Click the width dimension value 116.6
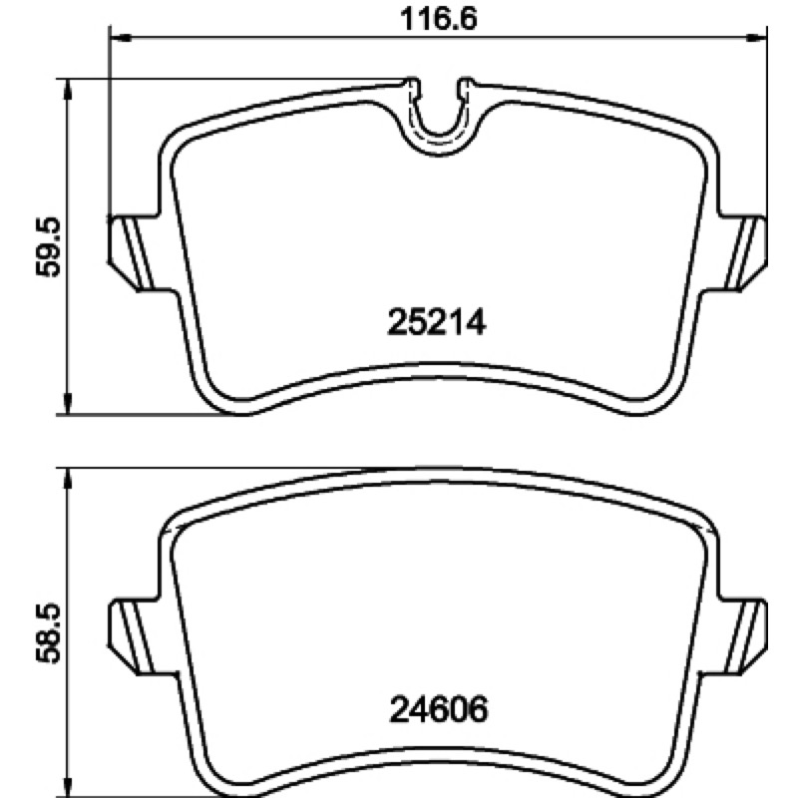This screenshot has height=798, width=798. pyautogui.click(x=439, y=19)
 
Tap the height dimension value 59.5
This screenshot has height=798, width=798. pyautogui.click(x=48, y=247)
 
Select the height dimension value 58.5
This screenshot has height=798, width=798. pyautogui.click(x=48, y=633)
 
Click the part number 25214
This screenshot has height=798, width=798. pyautogui.click(x=437, y=322)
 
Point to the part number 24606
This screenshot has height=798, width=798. pyautogui.click(x=439, y=709)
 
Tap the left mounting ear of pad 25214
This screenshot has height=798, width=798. pyautogui.click(x=134, y=253)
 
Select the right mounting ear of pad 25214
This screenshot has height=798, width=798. pyautogui.click(x=743, y=253)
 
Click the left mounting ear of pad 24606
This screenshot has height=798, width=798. pyautogui.click(x=134, y=637)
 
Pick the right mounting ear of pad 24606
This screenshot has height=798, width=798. pyautogui.click(x=743, y=637)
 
